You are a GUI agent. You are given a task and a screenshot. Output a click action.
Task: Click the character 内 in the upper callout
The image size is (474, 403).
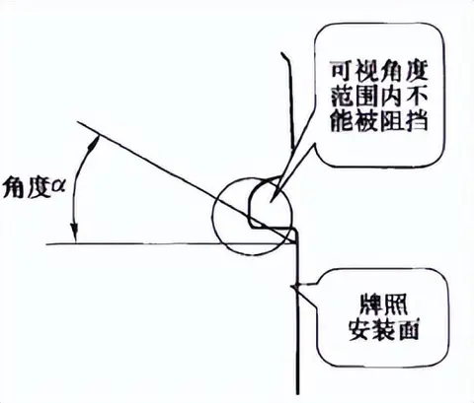[x=392, y=96]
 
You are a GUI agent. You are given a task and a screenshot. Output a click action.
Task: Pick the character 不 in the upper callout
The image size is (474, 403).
[x=417, y=96]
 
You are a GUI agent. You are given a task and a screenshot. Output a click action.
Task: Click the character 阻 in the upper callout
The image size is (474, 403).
[x=392, y=120]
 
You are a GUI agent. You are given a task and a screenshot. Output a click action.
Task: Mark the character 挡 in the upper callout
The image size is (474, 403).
[x=417, y=120]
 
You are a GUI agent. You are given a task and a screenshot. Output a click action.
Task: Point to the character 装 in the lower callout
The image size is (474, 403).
[x=384, y=329]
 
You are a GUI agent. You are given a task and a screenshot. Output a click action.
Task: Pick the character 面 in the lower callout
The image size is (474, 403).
[x=408, y=329]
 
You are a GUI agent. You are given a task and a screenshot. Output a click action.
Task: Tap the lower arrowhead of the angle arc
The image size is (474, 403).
[x=75, y=234]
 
